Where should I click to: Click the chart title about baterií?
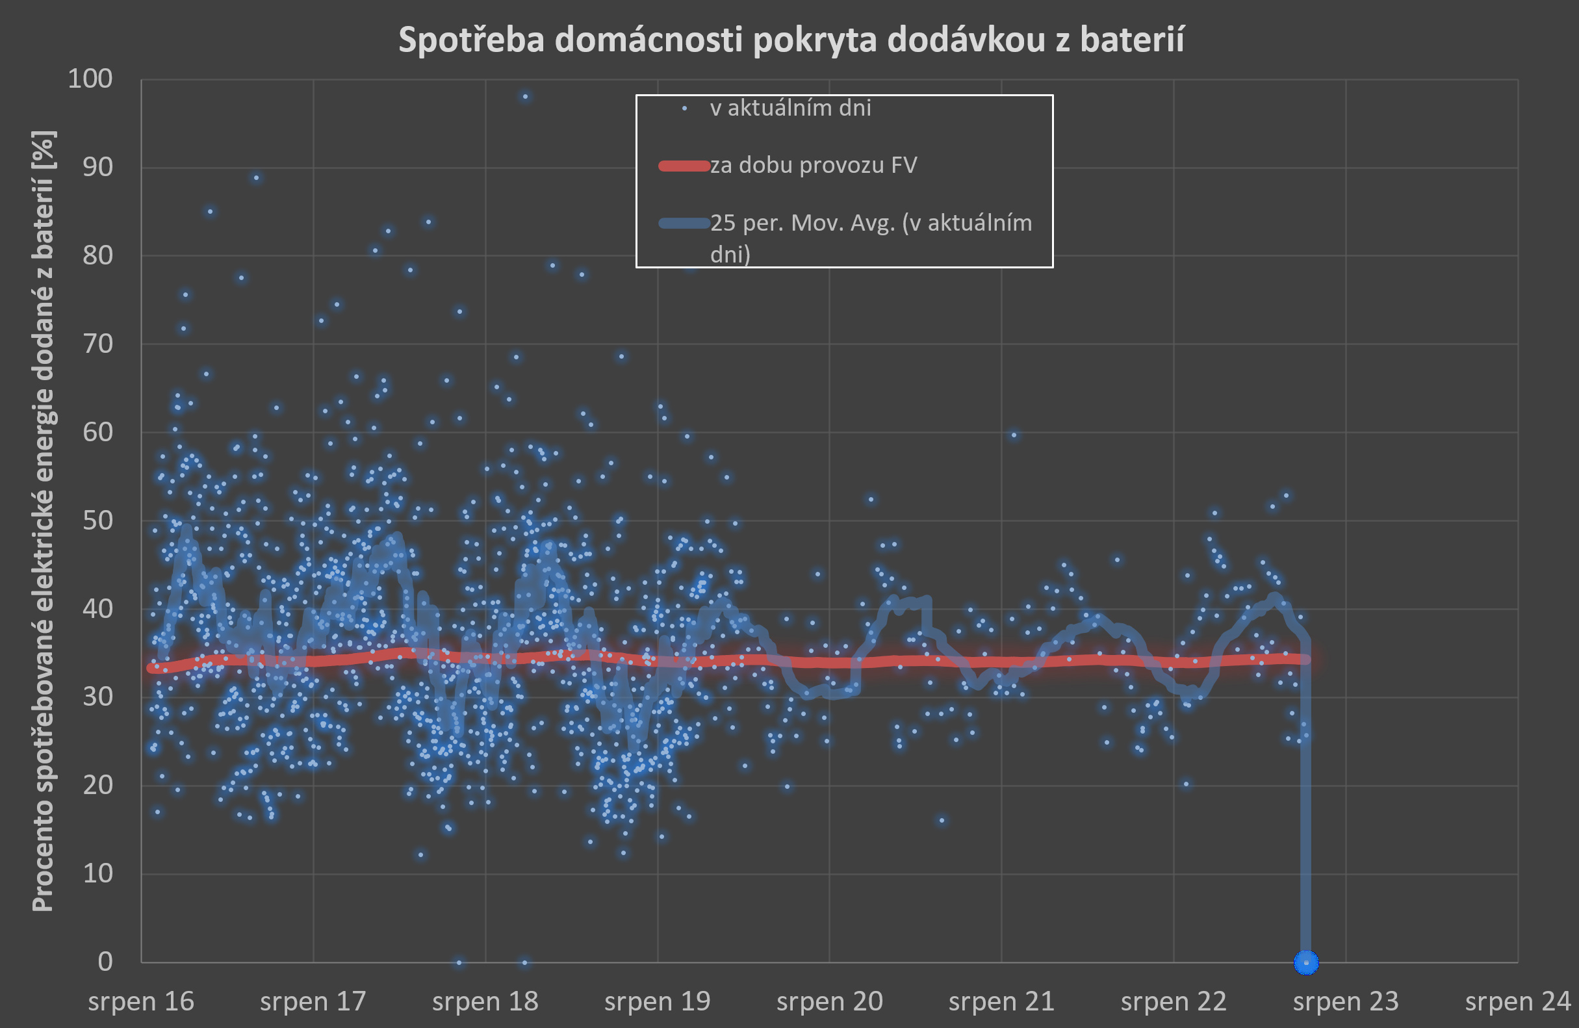(x=791, y=40)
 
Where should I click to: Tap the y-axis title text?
(x=43, y=521)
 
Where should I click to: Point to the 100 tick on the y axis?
(x=90, y=79)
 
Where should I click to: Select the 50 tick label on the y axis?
(x=97, y=520)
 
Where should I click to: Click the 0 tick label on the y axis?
(x=105, y=962)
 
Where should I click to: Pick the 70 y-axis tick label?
(x=97, y=344)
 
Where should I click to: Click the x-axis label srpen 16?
(x=140, y=1001)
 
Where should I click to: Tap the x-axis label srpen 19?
(x=657, y=1001)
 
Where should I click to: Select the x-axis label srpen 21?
(x=1001, y=1001)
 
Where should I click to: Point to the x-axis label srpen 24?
(x=1517, y=1001)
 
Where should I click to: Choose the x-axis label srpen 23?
(x=1346, y=1001)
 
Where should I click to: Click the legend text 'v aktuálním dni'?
(x=790, y=108)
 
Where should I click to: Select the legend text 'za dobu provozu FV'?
(x=814, y=165)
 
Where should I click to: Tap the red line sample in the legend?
(x=684, y=166)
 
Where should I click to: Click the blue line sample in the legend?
(x=684, y=224)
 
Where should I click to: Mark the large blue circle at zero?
(x=1305, y=962)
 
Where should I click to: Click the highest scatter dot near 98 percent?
(x=525, y=97)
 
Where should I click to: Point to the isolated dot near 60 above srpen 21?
(x=1014, y=435)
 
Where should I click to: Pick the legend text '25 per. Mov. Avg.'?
(x=871, y=224)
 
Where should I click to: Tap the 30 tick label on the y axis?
(x=97, y=697)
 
